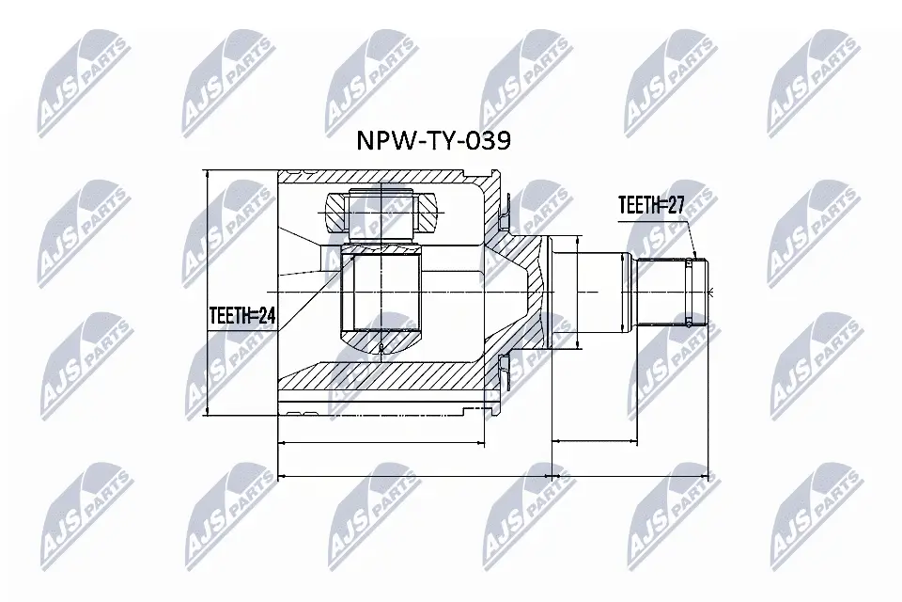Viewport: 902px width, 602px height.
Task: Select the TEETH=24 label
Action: pyautogui.click(x=241, y=317)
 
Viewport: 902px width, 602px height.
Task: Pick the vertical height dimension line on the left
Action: pyautogui.click(x=205, y=292)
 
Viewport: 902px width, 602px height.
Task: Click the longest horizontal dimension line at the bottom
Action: pyautogui.click(x=498, y=476)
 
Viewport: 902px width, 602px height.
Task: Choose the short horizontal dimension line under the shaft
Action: pyautogui.click(x=594, y=439)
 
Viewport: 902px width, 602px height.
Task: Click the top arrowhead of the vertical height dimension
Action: pyautogui.click(x=205, y=175)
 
